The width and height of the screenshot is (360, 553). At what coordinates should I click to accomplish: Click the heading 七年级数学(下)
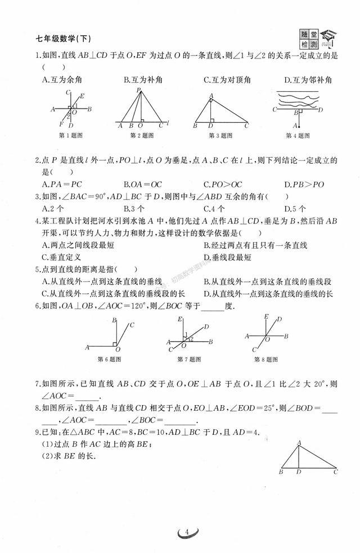click(63, 39)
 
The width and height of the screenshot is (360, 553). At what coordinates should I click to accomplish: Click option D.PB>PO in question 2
click(304, 183)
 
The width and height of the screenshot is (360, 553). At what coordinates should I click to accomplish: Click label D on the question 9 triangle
click(299, 471)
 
